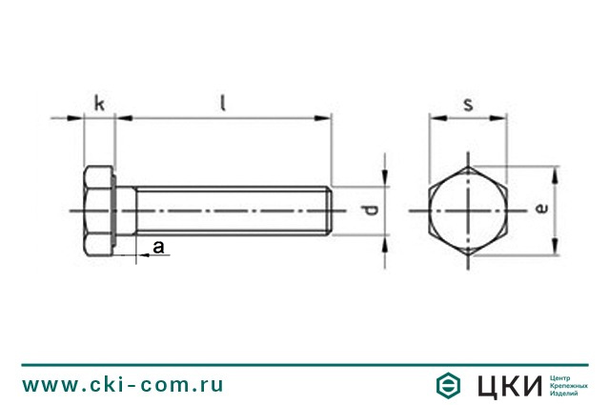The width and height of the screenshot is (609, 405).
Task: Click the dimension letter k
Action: (99, 103)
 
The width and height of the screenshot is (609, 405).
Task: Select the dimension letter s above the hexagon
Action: (468, 104)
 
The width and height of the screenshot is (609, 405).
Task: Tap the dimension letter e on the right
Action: (540, 209)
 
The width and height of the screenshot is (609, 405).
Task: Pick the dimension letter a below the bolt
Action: (159, 247)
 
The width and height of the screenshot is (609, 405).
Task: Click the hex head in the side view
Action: (100, 210)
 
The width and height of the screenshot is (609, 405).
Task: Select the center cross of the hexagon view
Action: (468, 210)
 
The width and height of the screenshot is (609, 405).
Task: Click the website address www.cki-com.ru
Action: (123, 385)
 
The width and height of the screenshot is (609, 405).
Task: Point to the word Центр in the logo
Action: (561, 376)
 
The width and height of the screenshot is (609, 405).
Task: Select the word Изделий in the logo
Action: (564, 394)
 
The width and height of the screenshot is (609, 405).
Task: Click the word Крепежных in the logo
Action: (569, 385)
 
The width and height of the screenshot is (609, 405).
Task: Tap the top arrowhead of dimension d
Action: (384, 178)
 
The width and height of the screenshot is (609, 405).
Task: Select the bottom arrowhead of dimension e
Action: (555, 249)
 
